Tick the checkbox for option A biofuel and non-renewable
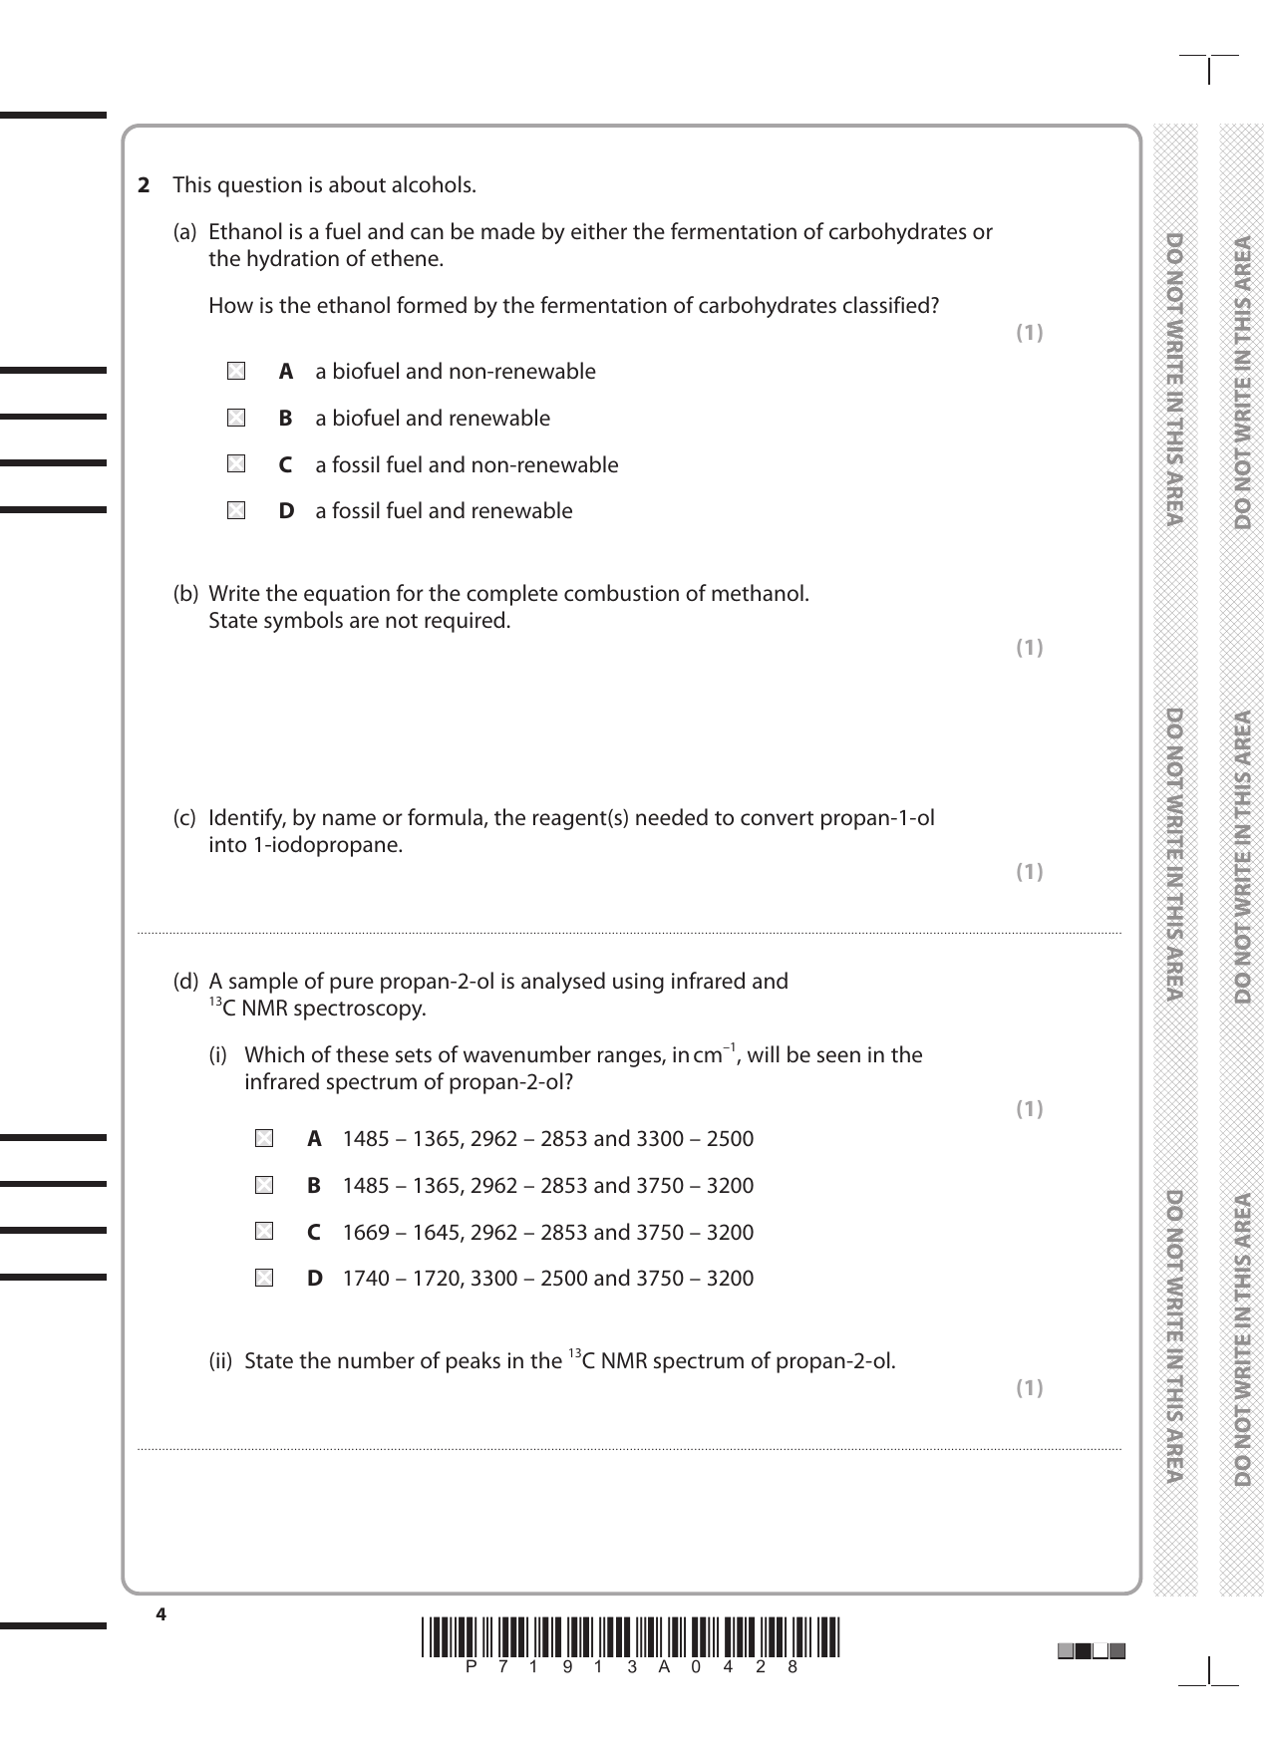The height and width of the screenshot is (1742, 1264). coord(235,372)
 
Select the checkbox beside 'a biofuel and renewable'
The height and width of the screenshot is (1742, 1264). coord(235,419)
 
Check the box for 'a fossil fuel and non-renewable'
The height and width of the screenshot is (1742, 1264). coord(235,464)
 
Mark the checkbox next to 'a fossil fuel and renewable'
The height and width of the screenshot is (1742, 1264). coord(235,511)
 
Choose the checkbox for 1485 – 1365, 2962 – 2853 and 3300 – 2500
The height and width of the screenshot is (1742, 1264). coord(263,1138)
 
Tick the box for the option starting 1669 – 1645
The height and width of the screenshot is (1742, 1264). coord(263,1232)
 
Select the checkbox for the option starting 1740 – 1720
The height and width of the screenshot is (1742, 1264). coord(263,1279)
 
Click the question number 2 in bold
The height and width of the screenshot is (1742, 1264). coord(144,185)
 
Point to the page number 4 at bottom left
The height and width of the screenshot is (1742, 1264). coord(160,1615)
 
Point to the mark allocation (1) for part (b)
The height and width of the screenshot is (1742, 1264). coord(1029,648)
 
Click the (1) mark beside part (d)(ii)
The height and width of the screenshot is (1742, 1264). coord(1029,1388)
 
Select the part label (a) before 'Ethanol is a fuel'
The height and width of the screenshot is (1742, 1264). coord(185,232)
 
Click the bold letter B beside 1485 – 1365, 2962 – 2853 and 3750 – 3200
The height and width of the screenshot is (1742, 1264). coord(314,1186)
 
